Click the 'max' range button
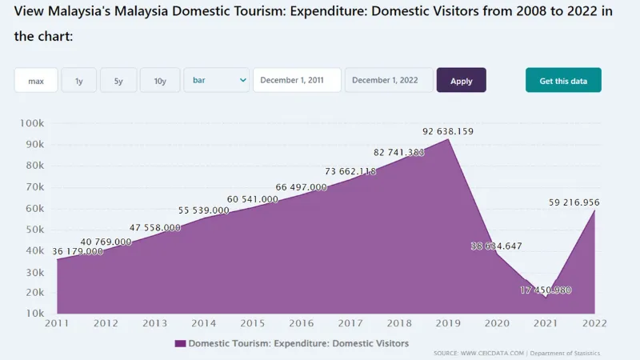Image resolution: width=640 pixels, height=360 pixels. pos(36,80)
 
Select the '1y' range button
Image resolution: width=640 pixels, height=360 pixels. pos(79,80)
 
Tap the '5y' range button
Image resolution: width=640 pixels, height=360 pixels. pos(118,80)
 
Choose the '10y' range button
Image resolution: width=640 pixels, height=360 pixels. pos(160,80)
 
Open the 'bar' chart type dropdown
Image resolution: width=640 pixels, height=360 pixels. pos(217,80)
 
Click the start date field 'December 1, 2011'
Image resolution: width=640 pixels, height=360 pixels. pos(297,80)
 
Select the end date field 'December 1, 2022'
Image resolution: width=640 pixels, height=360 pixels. pos(389,80)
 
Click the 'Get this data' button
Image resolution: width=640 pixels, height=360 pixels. pos(563,80)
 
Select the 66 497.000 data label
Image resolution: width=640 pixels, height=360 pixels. pos(302,187)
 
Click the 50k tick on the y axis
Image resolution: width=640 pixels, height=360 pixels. pos(34,230)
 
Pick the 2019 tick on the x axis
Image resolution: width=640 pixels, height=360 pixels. pos(448,323)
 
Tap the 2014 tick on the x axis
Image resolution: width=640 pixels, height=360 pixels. pos(203,323)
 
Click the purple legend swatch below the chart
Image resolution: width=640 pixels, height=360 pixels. pos(180,343)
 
